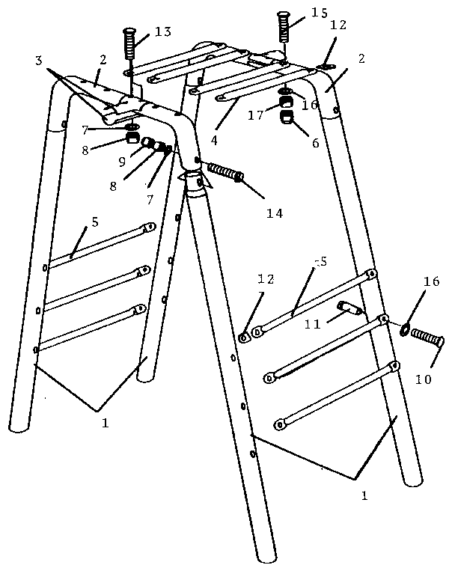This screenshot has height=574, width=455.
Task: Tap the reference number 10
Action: pyautogui.click(x=422, y=379)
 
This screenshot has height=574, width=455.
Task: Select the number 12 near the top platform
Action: pyautogui.click(x=338, y=25)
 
